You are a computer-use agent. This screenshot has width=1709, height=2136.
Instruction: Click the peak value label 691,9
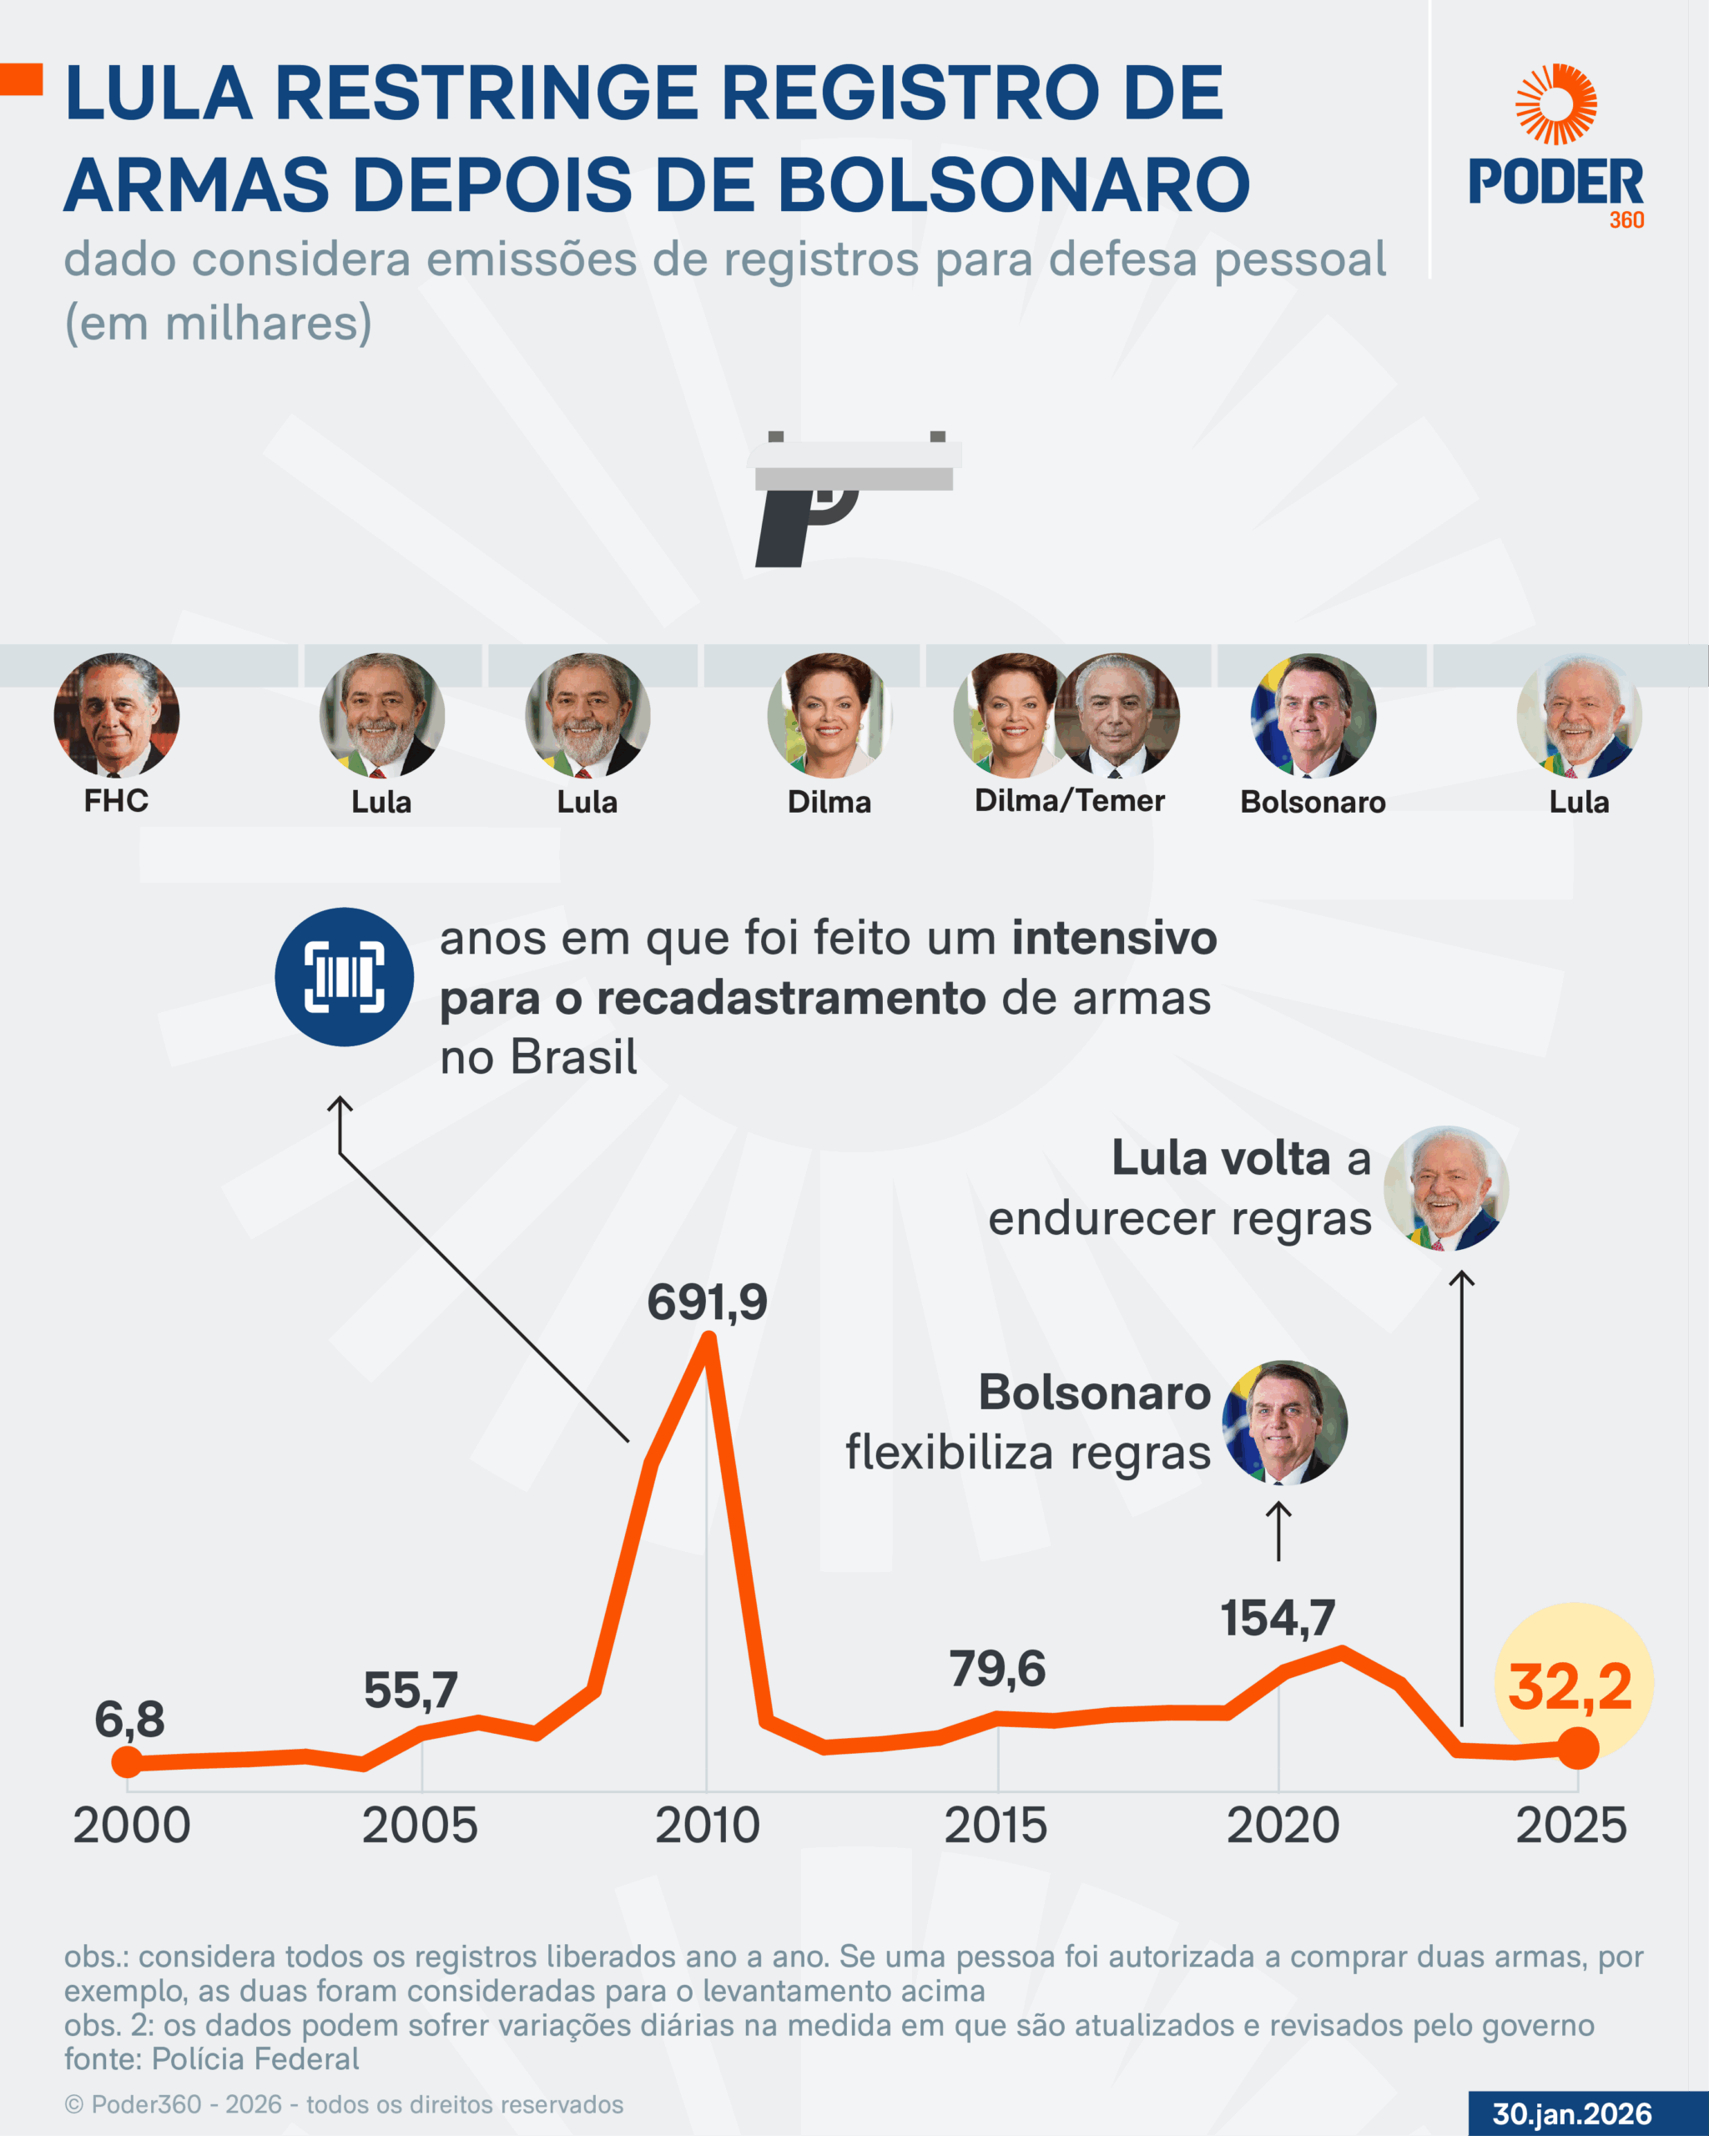tap(707, 1302)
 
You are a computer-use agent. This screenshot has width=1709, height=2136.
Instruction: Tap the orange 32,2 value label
tap(1570, 1687)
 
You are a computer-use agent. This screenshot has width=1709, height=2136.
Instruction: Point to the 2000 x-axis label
tap(132, 1826)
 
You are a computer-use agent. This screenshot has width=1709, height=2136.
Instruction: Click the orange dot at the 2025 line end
tap(1578, 1748)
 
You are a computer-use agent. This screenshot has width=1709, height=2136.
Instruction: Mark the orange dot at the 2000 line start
tap(127, 1761)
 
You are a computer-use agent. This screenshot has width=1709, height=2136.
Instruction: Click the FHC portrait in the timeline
tap(116, 714)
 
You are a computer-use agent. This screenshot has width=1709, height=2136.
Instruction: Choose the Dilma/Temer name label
tap(1069, 800)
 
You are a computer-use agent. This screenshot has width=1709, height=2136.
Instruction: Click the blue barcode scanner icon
tap(344, 977)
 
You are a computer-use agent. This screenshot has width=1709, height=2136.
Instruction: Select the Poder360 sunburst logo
tap(1555, 104)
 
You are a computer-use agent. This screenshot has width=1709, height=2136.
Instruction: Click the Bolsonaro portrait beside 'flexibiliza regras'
tap(1284, 1422)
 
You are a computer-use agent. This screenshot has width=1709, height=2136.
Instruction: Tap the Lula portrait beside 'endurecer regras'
tap(1445, 1188)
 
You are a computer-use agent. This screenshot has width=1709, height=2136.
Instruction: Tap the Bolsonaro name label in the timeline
tap(1313, 802)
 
